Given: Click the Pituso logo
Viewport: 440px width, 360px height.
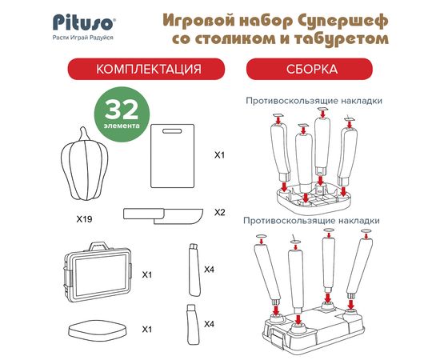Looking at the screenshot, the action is pos(84,22).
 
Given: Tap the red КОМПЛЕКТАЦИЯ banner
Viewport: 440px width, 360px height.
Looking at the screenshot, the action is pos(146,69).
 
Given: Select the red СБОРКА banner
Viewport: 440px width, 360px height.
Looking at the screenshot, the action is pos(310,69).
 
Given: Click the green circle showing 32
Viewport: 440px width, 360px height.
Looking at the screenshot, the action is pos(122,114).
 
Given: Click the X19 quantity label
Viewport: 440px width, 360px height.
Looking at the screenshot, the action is pos(85,219).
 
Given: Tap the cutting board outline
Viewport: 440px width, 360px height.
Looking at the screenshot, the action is pos(172,156).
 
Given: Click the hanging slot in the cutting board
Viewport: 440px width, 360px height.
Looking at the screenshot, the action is pos(172,131).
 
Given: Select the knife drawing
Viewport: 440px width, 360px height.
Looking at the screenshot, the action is pos(163,216).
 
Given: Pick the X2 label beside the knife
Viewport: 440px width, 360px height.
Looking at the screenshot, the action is pos(220,213).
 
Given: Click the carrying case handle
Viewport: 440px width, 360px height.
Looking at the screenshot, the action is pos(98,246).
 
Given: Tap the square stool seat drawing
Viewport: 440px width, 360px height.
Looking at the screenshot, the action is pos(98,330).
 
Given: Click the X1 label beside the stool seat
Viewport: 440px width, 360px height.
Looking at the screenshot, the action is pos(146,329).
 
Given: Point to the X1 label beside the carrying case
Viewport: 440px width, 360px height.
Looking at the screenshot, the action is pos(146,274).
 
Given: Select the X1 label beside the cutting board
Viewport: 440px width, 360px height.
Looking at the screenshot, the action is pos(219,155).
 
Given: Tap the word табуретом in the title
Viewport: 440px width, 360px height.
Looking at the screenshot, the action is pos(342,39).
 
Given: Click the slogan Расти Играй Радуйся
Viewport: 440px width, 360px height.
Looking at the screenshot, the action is pos(83,38).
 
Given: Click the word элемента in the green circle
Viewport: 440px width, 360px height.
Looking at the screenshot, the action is pos(122,126).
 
